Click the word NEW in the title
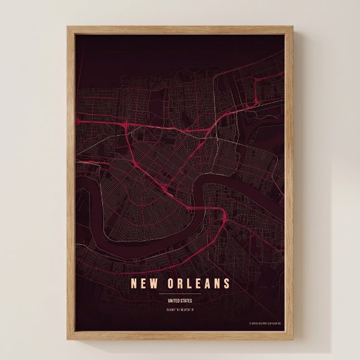coord(142,283)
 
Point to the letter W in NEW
coord(151,283)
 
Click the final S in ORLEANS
coord(226,283)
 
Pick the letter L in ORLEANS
coord(186,283)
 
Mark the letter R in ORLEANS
coord(176,283)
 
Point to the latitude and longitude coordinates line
coord(180,310)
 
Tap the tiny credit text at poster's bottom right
coord(266,323)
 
